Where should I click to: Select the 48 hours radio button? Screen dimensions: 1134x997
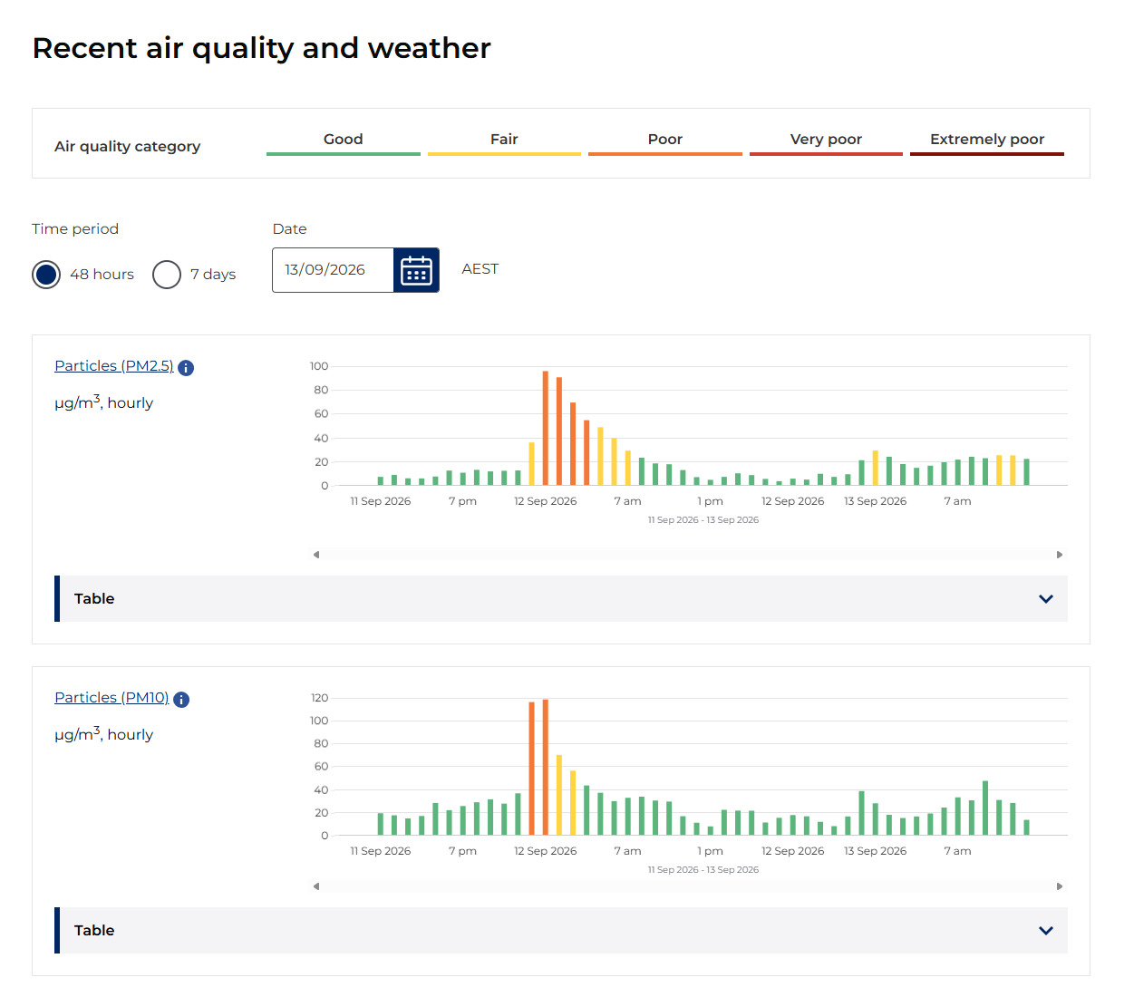coord(46,275)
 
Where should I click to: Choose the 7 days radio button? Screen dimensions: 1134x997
coord(166,275)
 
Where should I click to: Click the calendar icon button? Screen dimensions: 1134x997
coord(416,270)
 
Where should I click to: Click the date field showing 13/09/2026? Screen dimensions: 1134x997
coord(333,270)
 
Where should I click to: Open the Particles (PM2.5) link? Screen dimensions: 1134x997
coord(113,365)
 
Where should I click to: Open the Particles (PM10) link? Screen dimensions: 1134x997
coord(111,697)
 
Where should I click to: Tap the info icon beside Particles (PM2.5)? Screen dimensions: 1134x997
coord(186,368)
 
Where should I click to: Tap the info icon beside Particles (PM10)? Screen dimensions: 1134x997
coord(181,699)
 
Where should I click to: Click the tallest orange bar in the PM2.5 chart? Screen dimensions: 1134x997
coord(545,428)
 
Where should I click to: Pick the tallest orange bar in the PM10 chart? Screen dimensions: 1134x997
coord(545,767)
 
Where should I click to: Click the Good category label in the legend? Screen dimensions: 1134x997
coord(344,139)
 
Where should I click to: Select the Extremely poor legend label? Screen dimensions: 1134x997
coord(987,139)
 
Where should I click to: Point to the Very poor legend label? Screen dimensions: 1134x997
coord(826,139)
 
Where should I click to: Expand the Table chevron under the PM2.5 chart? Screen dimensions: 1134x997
coord(1045,598)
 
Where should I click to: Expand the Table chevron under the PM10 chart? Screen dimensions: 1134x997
coord(1045,930)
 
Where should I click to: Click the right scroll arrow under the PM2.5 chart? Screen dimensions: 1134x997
coord(1059,554)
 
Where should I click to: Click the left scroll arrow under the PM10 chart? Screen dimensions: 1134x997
coord(316,886)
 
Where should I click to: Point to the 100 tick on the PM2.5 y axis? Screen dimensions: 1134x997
coord(319,366)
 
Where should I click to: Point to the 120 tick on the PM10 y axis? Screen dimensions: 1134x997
coord(319,698)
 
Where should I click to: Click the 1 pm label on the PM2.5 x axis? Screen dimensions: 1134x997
coord(710,501)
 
